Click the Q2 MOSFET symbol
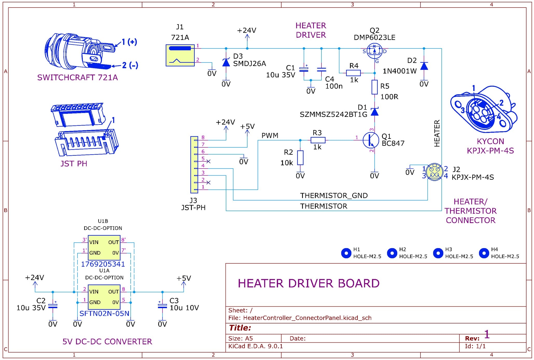pos(374,51)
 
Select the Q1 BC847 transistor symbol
pos(370,140)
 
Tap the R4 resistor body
pos(353,73)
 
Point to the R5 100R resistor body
pos(374,87)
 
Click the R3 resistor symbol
pos(318,140)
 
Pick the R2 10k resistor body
pos(300,157)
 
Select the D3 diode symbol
pos(226,63)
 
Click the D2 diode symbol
pos(424,66)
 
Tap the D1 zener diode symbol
pos(374,112)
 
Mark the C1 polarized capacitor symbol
pos(304,69)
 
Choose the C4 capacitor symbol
pos(321,69)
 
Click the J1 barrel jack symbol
pos(180,55)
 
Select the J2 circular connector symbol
pos(434,172)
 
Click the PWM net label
pos(270,135)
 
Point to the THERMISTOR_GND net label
pos(334,196)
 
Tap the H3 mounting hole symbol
pos(438,253)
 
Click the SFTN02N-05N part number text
pos(104,314)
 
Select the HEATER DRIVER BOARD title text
pos(308,283)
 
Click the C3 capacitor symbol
pos(162,306)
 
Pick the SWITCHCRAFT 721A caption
pos(78,77)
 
